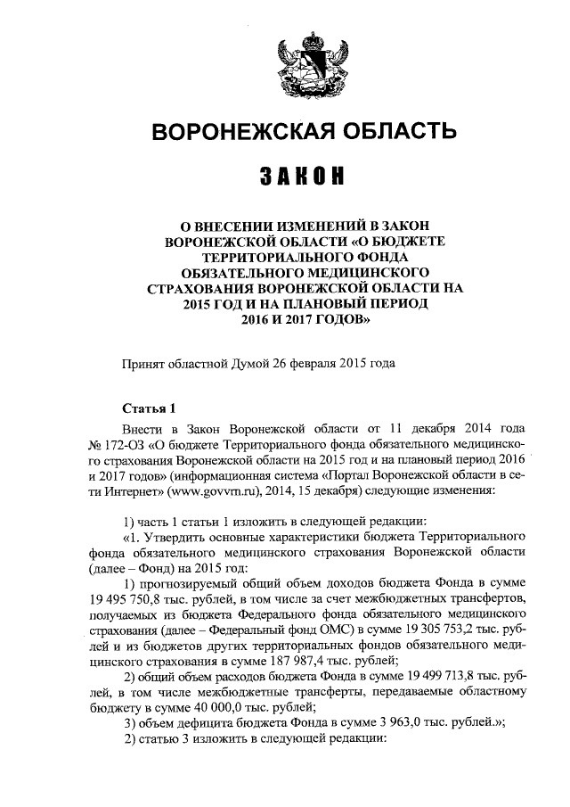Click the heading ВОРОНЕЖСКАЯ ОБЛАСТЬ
(305, 132)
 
